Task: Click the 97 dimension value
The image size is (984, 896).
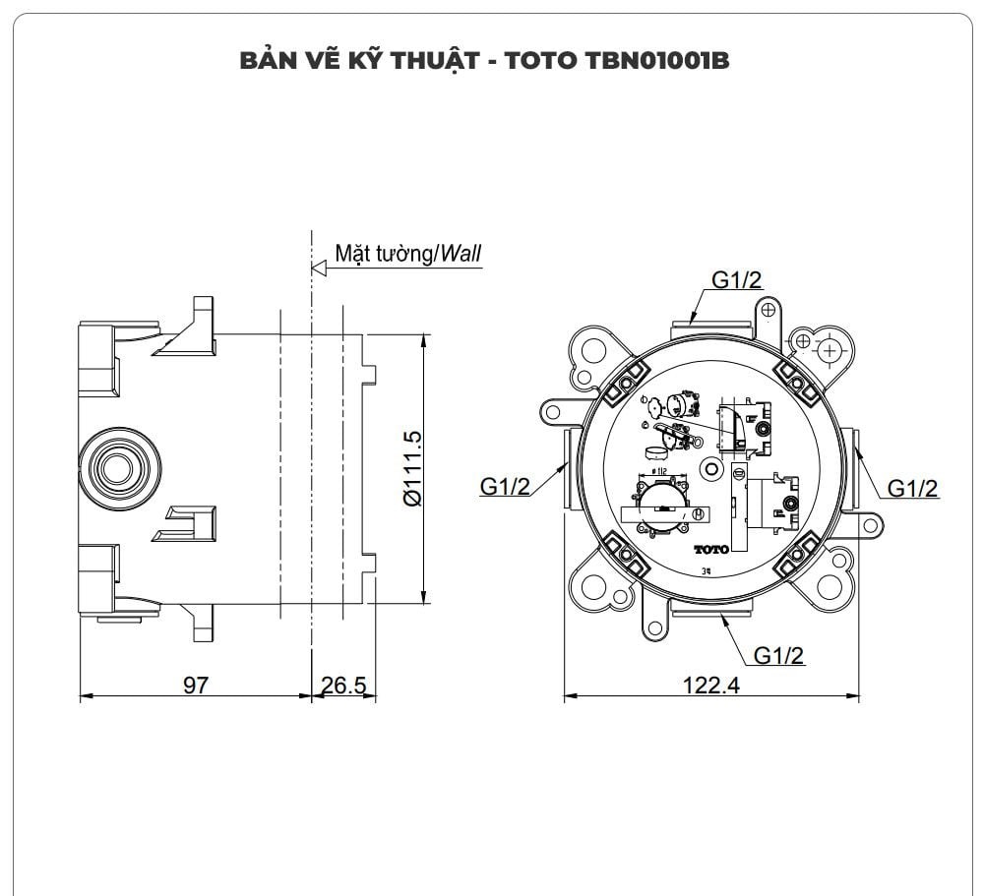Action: pyautogui.click(x=196, y=685)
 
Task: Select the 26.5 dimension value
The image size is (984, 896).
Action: pyautogui.click(x=343, y=685)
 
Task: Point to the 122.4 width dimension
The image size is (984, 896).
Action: pyautogui.click(x=711, y=685)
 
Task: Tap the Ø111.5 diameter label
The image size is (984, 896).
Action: pyautogui.click(x=412, y=467)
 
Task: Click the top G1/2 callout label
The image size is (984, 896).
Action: pyautogui.click(x=737, y=280)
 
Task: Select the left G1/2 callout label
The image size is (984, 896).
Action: pyautogui.click(x=506, y=486)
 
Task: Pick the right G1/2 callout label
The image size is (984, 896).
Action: pyautogui.click(x=912, y=487)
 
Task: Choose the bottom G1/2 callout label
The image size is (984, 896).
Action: pyautogui.click(x=779, y=654)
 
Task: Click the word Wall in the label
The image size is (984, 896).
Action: pyautogui.click(x=461, y=253)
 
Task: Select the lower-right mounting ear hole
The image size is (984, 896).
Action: pyautogui.click(x=829, y=587)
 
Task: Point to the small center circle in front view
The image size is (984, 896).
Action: pyautogui.click(x=710, y=469)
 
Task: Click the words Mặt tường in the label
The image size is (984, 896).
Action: pyautogui.click(x=384, y=253)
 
